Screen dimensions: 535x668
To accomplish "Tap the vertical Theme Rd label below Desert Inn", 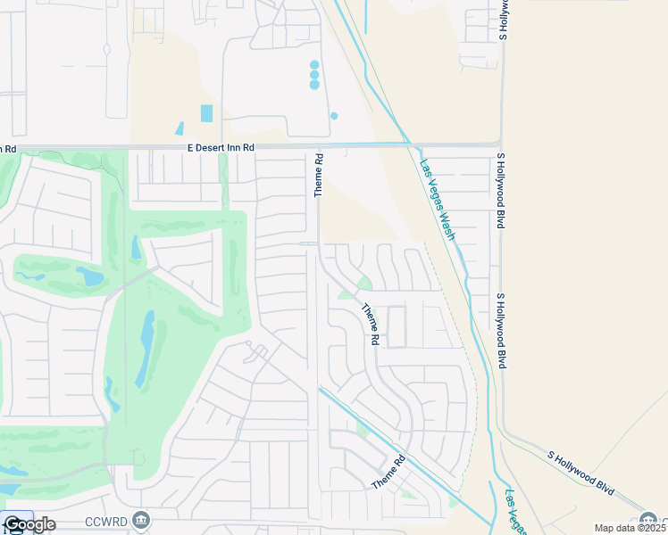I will point(318,175).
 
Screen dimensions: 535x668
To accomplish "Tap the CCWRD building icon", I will point(140,520).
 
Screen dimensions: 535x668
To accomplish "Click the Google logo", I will point(29,524).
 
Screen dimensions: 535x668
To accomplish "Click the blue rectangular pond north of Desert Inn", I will point(207,113).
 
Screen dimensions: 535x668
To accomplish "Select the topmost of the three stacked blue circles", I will point(314,65).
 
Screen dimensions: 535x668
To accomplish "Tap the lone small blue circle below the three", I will point(334,116).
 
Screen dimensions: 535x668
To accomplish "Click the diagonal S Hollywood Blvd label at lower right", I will point(580,473).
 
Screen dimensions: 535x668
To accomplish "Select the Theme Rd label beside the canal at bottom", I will point(388,472).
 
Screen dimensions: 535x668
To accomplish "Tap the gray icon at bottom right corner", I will point(649,520).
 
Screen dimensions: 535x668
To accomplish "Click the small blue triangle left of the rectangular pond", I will point(180,128).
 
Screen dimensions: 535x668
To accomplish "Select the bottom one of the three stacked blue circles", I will point(314,86).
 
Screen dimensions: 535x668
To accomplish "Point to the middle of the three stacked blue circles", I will point(314,75).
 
